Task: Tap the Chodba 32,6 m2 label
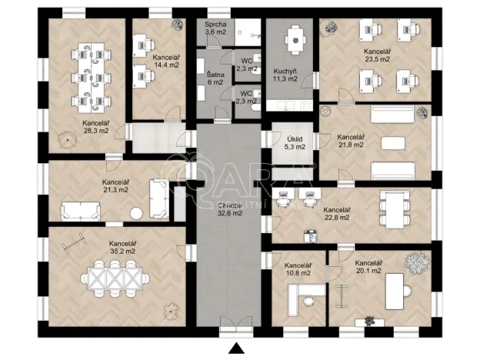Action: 230,209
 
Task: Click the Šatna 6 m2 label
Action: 215,78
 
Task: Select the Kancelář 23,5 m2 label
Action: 378,55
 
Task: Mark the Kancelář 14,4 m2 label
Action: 165,62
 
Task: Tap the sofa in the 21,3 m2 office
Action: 80,209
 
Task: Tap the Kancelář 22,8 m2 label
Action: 336,213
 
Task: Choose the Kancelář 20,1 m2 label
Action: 370,267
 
